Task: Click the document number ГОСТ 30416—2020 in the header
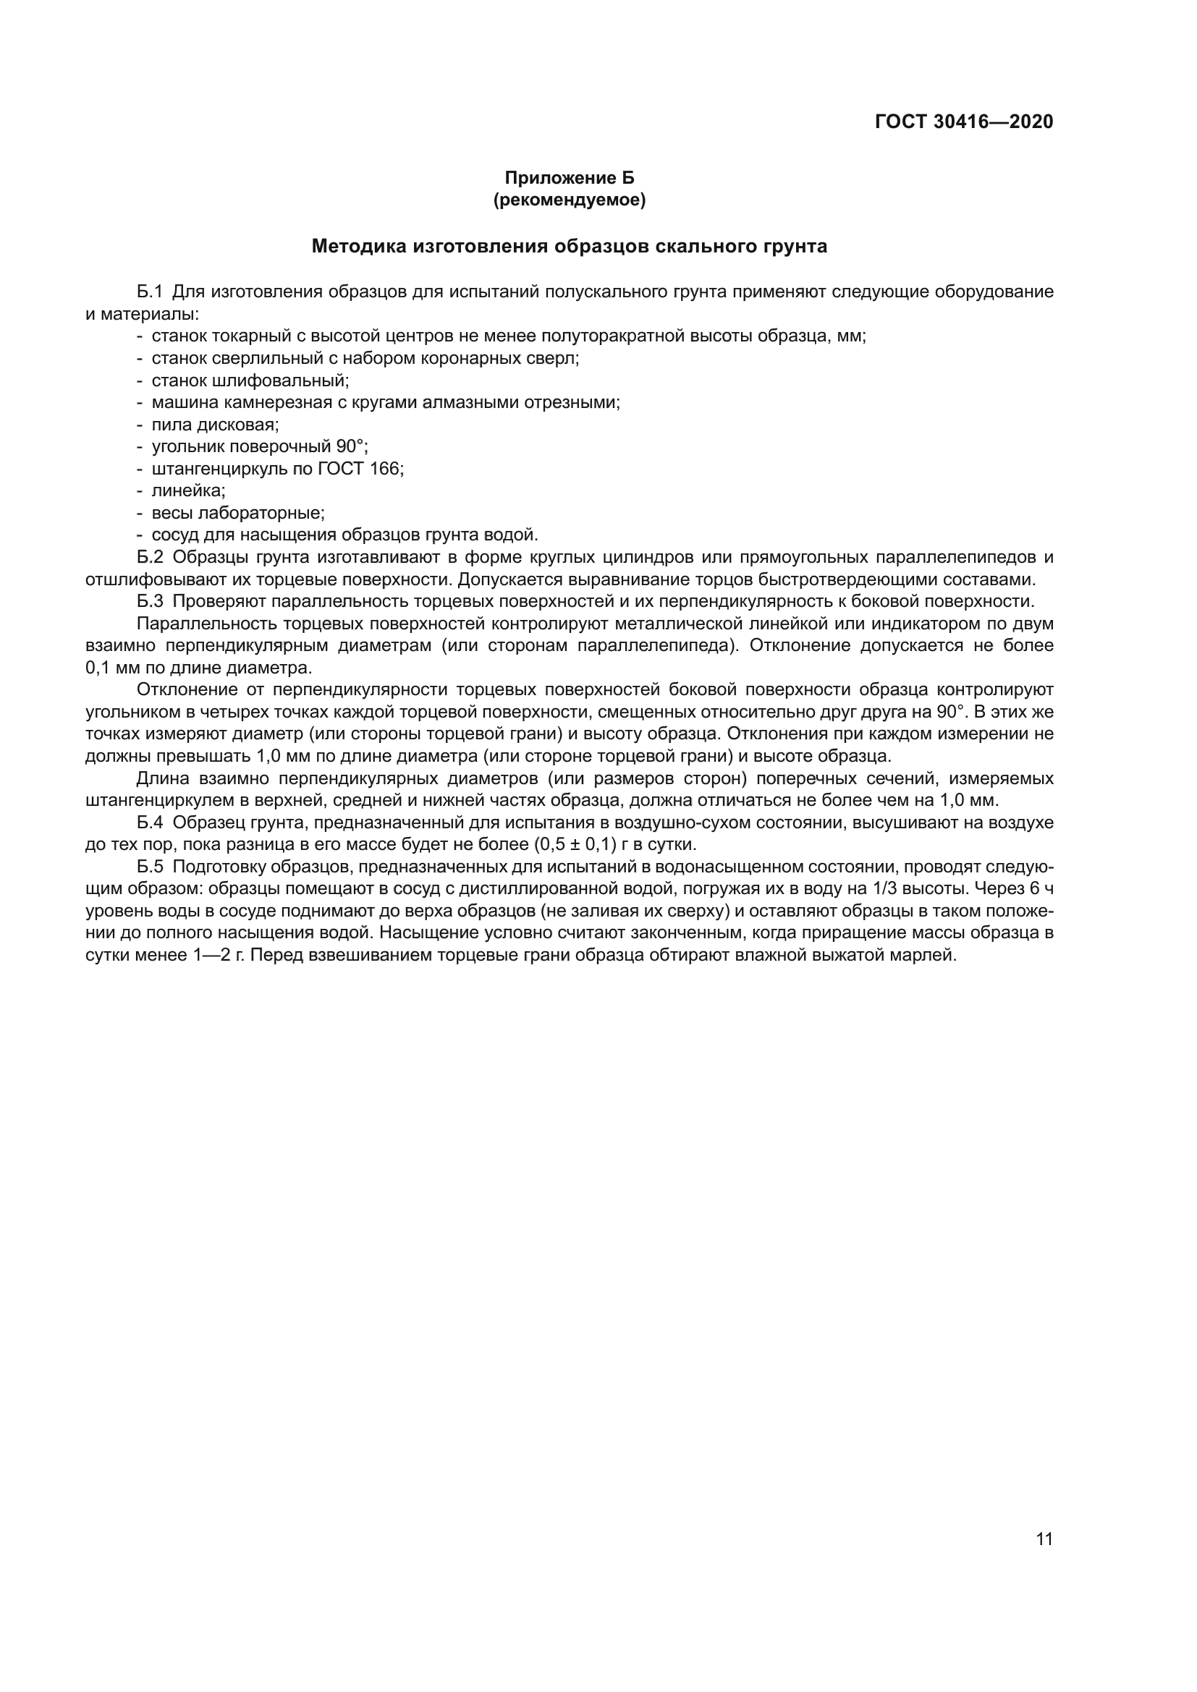pos(963,122)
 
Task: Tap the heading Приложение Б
pos(569,179)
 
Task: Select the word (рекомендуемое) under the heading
pos(569,200)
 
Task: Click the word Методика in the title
pos(358,246)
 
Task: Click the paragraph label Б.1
pos(149,292)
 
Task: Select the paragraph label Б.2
pos(149,557)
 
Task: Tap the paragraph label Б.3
pos(149,601)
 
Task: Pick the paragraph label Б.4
pos(149,822)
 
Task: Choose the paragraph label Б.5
pos(149,867)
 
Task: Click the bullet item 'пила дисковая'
pos(214,425)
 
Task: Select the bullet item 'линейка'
pos(188,490)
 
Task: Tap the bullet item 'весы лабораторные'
pos(237,513)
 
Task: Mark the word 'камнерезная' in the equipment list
pos(271,403)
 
